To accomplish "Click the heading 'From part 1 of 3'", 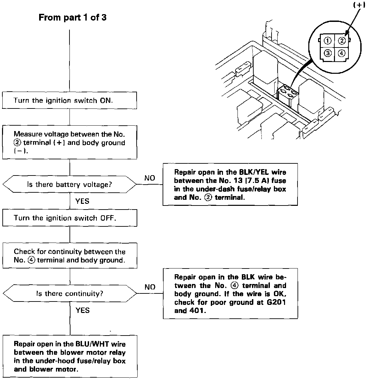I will (x=73, y=18).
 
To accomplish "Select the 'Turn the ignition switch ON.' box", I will (x=69, y=100).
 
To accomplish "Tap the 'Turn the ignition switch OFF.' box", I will (x=69, y=218).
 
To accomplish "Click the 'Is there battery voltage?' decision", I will (x=69, y=184).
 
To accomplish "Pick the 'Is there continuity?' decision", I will (x=69, y=293).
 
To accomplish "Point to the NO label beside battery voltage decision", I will (x=150, y=178).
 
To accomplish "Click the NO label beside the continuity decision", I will (x=150, y=287).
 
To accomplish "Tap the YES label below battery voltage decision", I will (x=82, y=201).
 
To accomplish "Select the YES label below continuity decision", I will (x=82, y=310).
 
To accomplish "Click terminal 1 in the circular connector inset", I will (x=327, y=41).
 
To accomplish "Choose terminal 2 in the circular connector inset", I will (x=341, y=41).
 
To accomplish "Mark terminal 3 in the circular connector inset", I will (x=327, y=53).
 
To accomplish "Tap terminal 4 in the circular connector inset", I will (x=341, y=53).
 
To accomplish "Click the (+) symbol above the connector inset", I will (x=359, y=5).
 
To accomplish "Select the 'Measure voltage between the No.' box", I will (x=69, y=142).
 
